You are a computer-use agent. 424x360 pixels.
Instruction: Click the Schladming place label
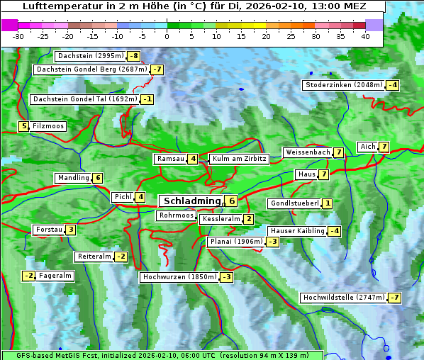click(x=190, y=201)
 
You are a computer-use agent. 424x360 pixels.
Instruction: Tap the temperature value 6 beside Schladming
click(x=231, y=201)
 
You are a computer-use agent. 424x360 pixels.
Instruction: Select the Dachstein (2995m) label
click(x=89, y=56)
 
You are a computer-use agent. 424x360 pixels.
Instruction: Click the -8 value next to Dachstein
click(x=133, y=56)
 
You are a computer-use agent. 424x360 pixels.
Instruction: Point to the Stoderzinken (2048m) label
click(x=344, y=85)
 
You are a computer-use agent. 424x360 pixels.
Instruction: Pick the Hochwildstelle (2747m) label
click(x=343, y=298)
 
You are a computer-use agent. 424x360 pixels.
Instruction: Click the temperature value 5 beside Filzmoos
click(x=23, y=126)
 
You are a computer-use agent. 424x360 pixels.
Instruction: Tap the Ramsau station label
click(x=171, y=159)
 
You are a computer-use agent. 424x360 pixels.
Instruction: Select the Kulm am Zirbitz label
click(x=238, y=159)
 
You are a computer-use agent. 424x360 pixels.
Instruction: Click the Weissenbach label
click(x=307, y=152)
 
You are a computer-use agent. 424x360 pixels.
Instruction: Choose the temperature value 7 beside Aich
click(x=384, y=147)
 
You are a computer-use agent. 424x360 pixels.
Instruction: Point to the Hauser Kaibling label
click(x=297, y=231)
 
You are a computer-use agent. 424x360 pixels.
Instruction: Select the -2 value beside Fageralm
click(x=28, y=276)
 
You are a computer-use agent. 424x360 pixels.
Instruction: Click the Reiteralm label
click(x=94, y=257)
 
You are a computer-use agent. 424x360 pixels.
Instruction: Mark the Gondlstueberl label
click(x=294, y=203)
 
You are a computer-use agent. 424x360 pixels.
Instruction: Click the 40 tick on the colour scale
click(x=365, y=35)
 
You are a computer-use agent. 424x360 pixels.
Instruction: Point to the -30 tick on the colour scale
click(x=18, y=35)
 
